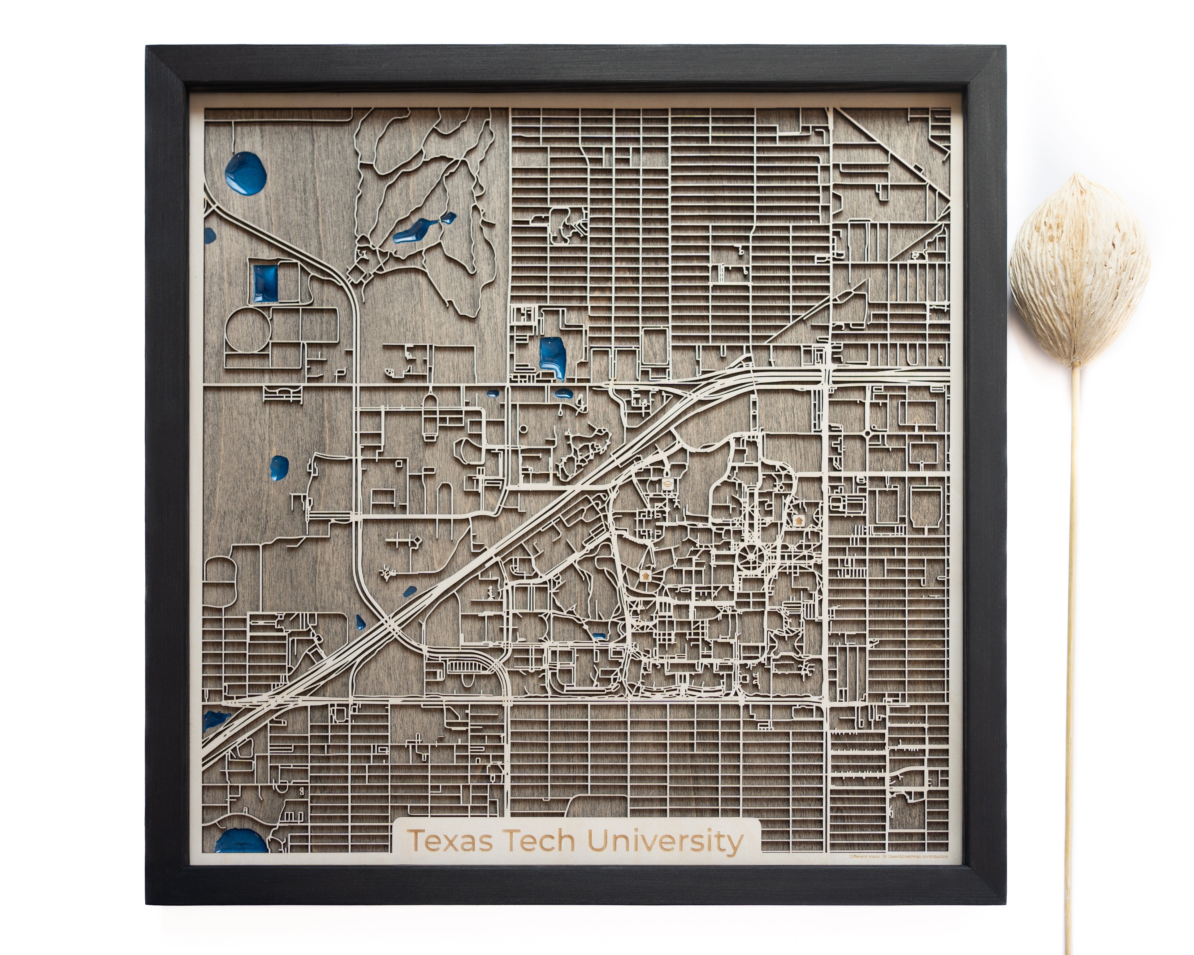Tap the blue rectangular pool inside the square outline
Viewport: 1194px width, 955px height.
click(x=265, y=283)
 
